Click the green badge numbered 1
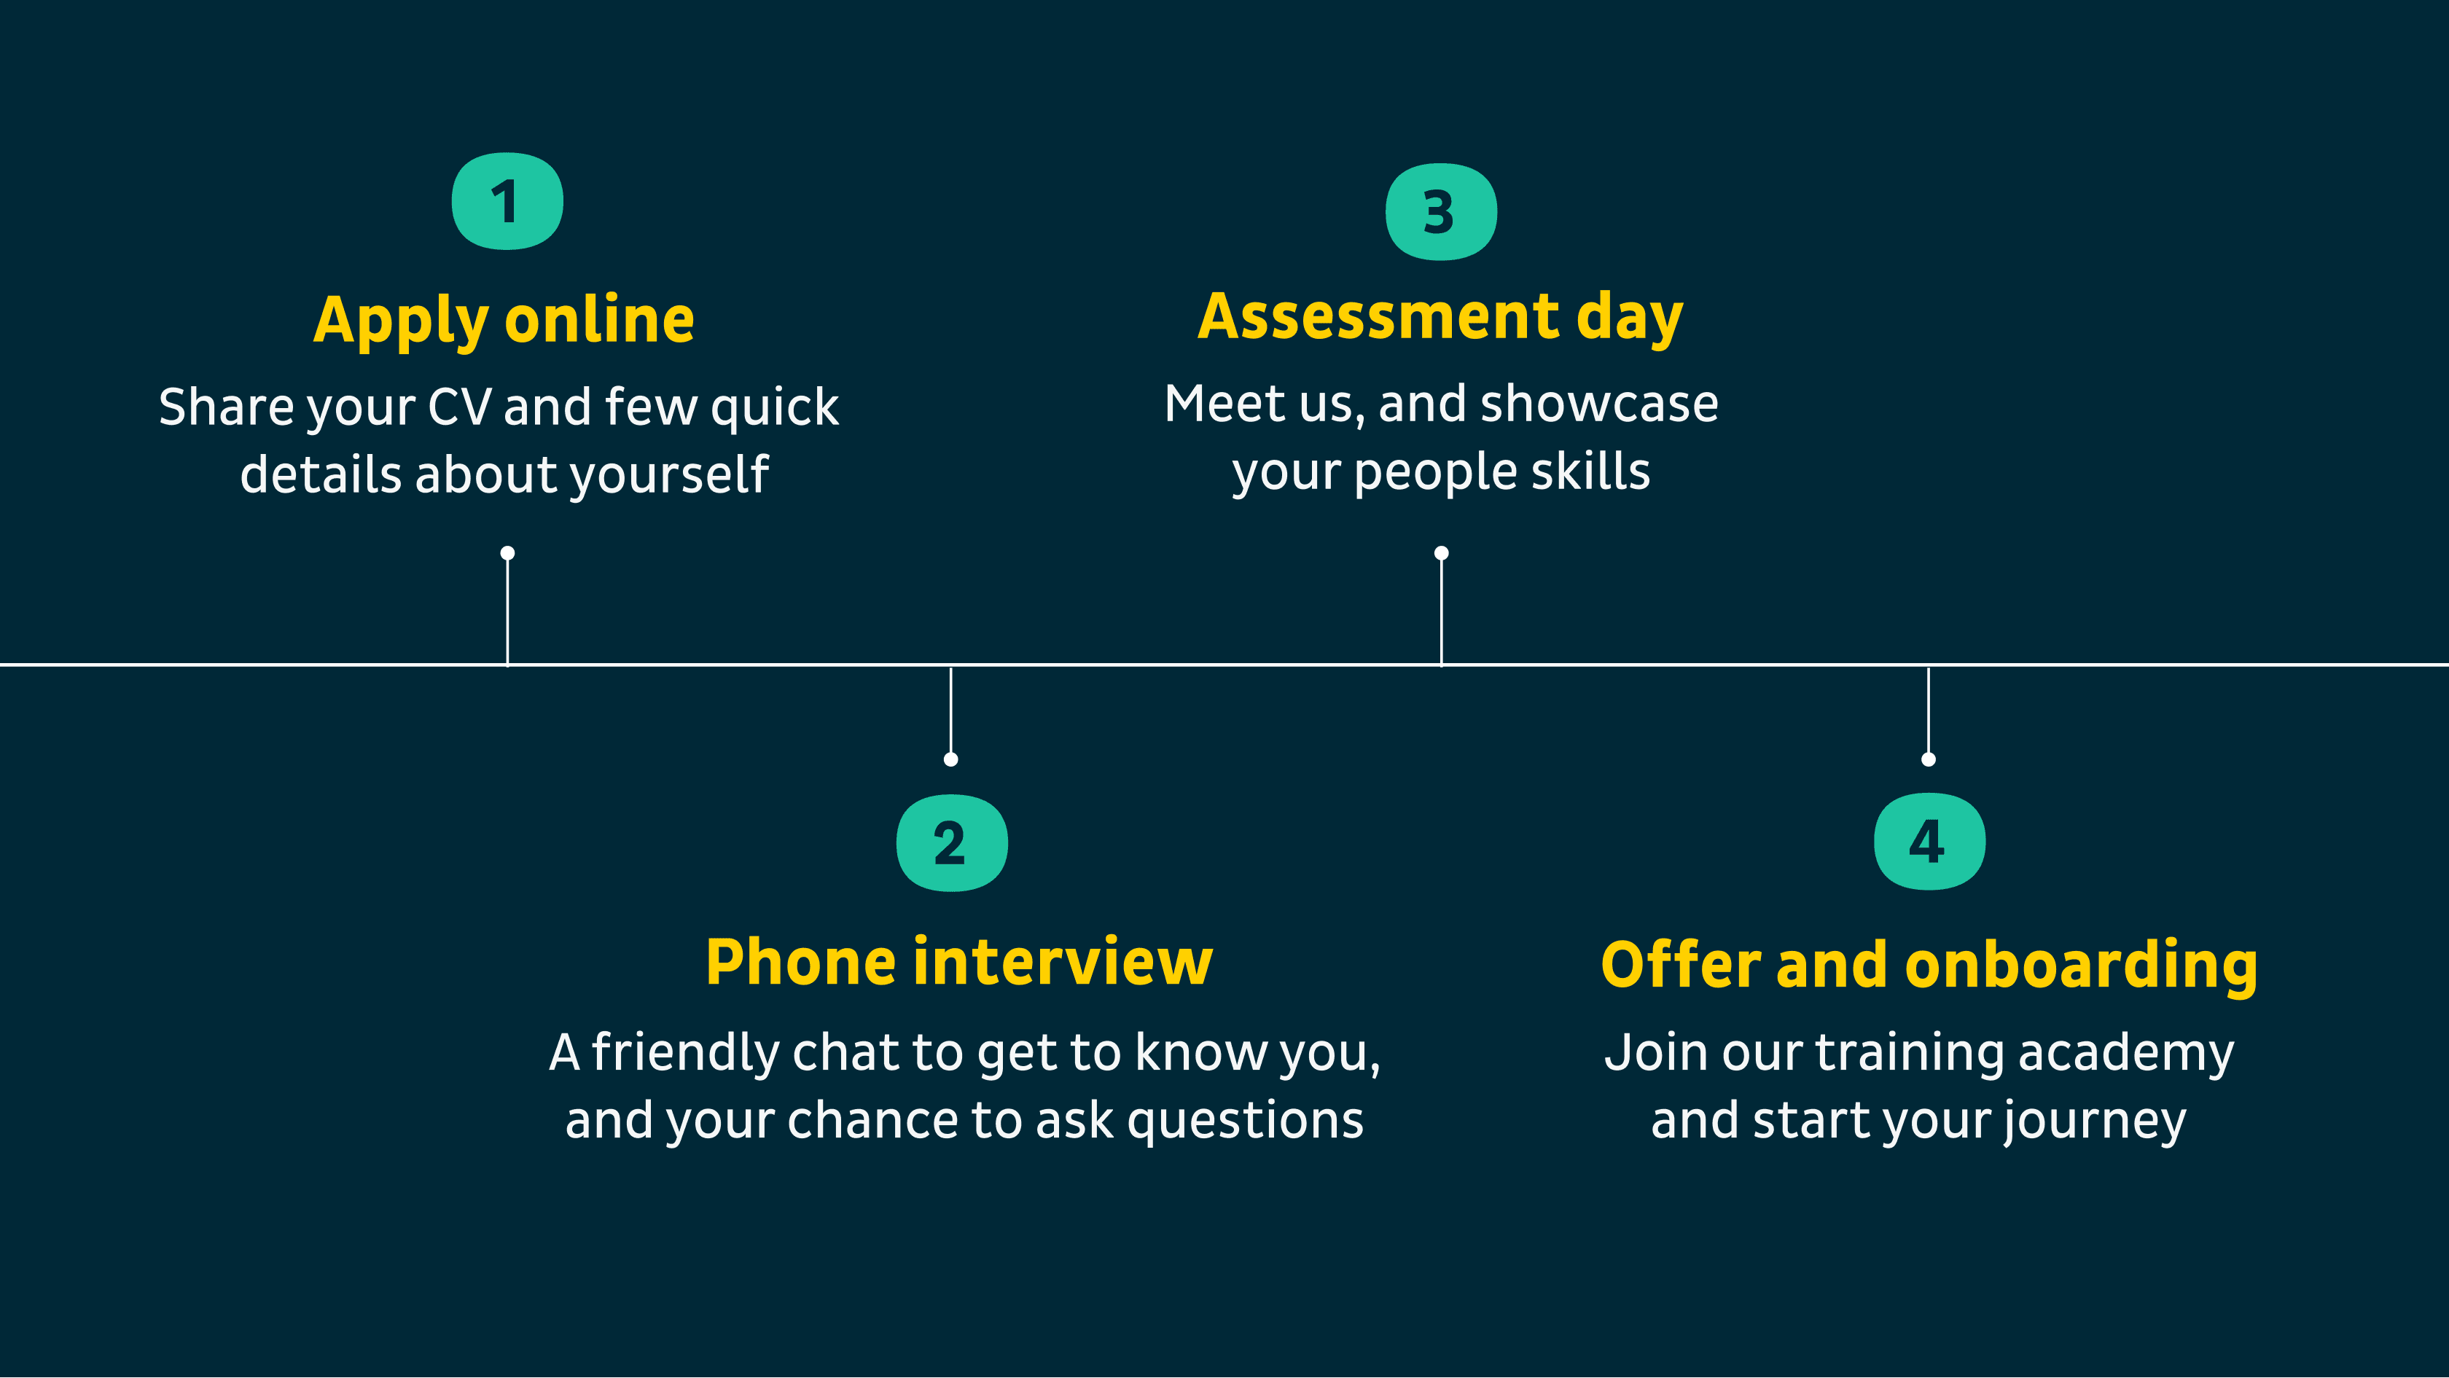(508, 200)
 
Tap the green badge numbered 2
(952, 843)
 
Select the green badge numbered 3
(1441, 211)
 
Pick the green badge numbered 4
(1929, 841)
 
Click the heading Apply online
(504, 321)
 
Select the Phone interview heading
(959, 962)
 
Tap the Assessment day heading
(1440, 318)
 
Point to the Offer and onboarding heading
(1929, 966)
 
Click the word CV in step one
(460, 407)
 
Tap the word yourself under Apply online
(669, 475)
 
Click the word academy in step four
(2126, 1054)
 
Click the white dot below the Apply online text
(508, 553)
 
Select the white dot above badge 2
(950, 759)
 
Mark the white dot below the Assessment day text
(1441, 553)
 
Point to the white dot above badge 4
(1928, 759)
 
